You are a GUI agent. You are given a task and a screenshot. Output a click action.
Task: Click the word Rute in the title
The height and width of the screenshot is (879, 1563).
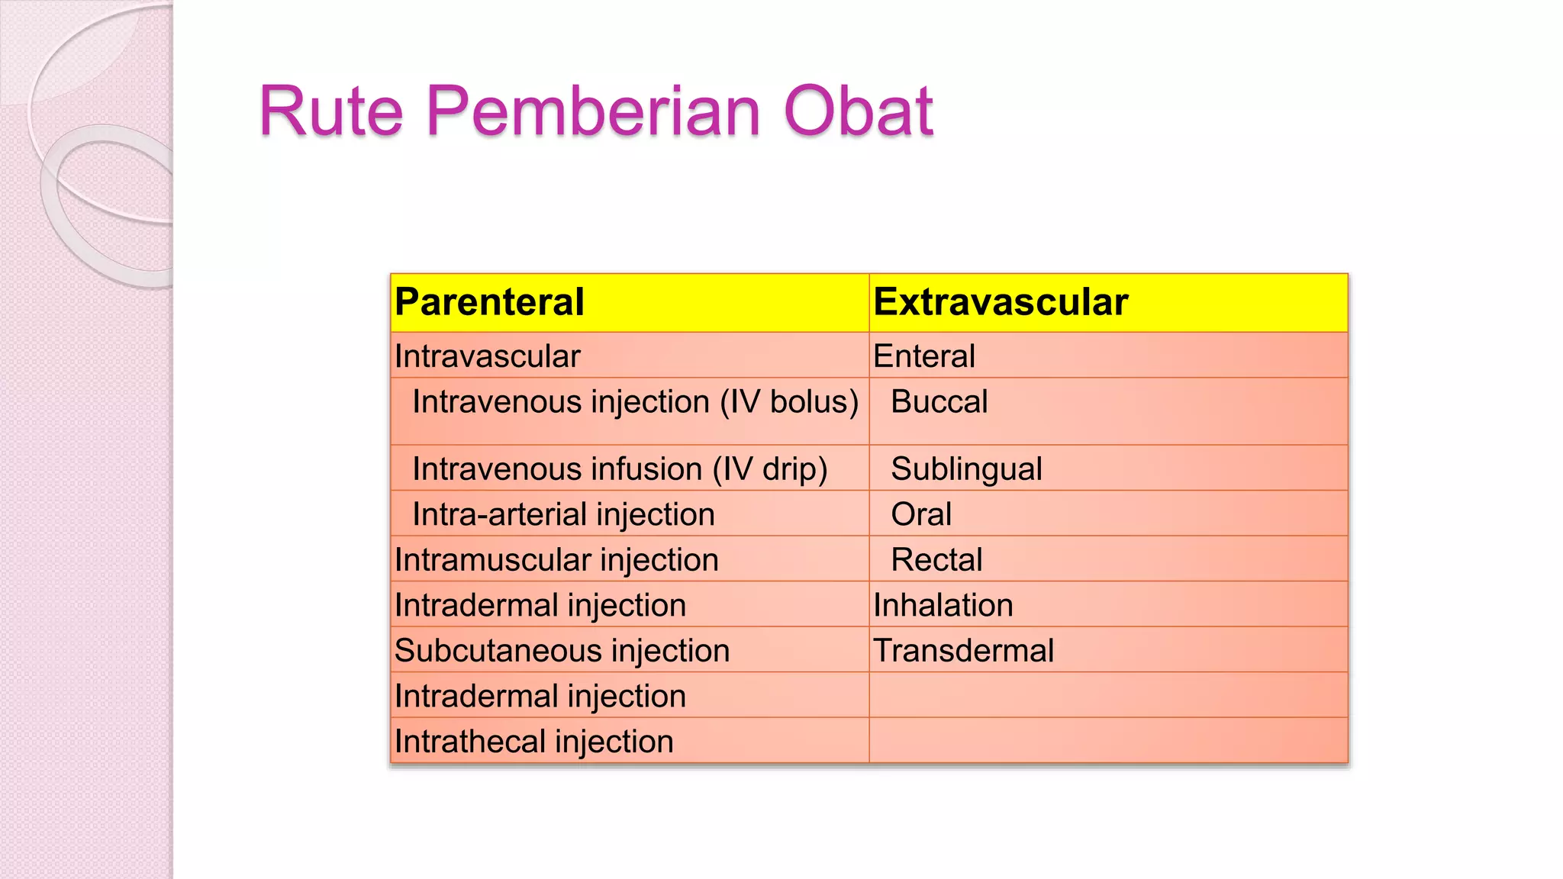pyautogui.click(x=330, y=111)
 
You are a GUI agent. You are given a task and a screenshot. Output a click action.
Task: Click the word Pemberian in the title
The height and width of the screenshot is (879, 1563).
pyautogui.click(x=593, y=111)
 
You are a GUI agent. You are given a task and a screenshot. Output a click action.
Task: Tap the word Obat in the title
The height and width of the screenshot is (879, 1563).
pyautogui.click(x=858, y=111)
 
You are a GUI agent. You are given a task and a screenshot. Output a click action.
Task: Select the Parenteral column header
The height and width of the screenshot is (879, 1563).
pyautogui.click(x=489, y=302)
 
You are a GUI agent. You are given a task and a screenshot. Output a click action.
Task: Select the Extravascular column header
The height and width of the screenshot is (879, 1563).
pyautogui.click(x=1000, y=302)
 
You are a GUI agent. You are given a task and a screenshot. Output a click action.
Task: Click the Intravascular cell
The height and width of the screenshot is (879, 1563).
pyautogui.click(x=487, y=356)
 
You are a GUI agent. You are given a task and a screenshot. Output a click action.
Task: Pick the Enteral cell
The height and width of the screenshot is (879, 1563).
pyautogui.click(x=923, y=356)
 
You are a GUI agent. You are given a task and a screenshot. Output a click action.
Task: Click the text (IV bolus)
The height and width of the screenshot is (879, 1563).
pyautogui.click(x=789, y=402)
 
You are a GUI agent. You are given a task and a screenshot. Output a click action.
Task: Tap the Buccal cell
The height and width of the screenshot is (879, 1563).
pyautogui.click(x=939, y=402)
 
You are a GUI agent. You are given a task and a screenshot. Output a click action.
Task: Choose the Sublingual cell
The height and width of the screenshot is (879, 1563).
pyautogui.click(x=965, y=469)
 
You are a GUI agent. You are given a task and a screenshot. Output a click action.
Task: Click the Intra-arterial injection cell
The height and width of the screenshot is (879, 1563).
pyautogui.click(x=563, y=514)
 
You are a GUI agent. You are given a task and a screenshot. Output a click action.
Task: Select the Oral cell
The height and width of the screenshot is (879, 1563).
pyautogui.click(x=921, y=514)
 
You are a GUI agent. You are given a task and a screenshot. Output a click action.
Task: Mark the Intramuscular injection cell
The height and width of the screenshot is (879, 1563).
pyautogui.click(x=556, y=560)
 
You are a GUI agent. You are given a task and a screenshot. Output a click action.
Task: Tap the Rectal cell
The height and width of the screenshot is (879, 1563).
pyautogui.click(x=936, y=560)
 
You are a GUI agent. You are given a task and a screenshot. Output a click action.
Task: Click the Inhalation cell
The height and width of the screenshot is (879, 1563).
pyautogui.click(x=943, y=605)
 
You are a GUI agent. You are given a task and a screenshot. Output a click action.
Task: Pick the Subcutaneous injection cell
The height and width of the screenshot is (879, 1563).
pyautogui.click(x=562, y=651)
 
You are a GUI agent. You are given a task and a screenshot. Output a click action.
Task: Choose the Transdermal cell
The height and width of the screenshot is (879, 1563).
pyautogui.click(x=963, y=651)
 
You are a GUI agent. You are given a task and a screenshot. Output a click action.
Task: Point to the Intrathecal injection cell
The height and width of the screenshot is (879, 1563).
pyautogui.click(x=533, y=742)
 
